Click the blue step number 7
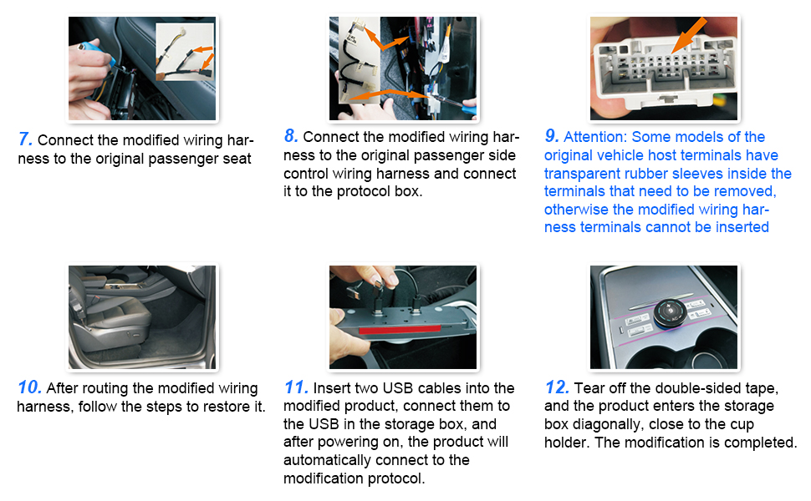tap(25, 139)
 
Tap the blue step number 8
tap(291, 136)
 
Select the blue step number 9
tap(551, 136)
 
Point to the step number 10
tap(29, 387)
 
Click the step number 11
tap(296, 387)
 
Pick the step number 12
tap(557, 387)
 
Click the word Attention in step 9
tap(594, 137)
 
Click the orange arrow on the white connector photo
tap(689, 35)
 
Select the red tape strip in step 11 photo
tap(400, 329)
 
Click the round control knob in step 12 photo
tap(671, 312)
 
